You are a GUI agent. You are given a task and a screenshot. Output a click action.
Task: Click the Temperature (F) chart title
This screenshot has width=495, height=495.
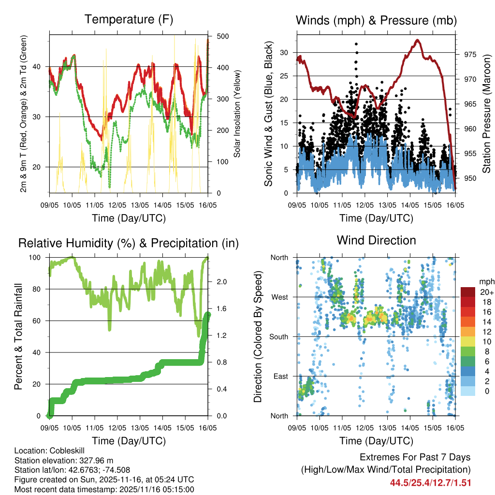pos(129,20)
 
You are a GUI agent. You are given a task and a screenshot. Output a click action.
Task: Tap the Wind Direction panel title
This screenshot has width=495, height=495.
pos(376,240)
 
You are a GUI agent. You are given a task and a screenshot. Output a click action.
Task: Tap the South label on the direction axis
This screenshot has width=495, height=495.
pos(279,336)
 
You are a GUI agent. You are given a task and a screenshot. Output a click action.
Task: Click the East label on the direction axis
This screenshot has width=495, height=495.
pos(281,376)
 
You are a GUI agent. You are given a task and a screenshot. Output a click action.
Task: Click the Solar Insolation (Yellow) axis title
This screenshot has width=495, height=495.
pos(237,114)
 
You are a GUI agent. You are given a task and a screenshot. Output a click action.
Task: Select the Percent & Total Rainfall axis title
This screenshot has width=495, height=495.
pos(18,336)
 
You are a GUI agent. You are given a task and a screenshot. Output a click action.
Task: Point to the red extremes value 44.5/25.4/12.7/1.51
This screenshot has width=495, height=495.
pos(430,482)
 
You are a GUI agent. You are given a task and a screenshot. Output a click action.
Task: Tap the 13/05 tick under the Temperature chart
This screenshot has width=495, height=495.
pos(140,205)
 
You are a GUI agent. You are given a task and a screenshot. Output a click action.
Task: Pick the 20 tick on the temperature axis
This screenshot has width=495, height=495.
pos(41,167)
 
